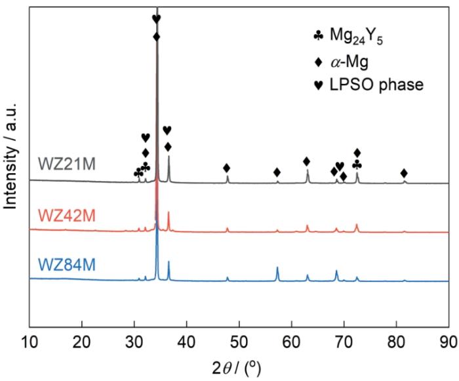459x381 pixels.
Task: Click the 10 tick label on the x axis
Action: (30, 342)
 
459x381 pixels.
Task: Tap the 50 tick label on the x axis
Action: (239, 342)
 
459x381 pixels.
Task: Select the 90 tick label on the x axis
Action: (449, 342)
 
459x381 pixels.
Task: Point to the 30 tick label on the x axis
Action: (134, 342)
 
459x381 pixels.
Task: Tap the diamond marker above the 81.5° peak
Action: (404, 172)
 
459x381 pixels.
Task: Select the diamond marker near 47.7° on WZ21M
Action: (227, 168)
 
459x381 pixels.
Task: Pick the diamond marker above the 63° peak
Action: (307, 161)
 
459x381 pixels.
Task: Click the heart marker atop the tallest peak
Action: (156, 18)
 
